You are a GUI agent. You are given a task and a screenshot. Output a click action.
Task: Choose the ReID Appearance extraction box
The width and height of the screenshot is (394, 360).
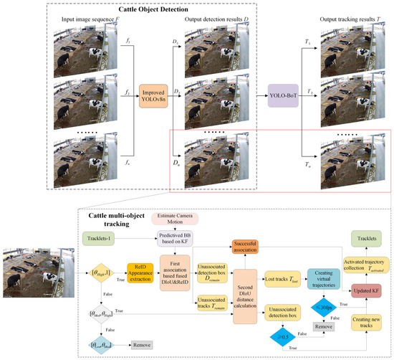143,271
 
